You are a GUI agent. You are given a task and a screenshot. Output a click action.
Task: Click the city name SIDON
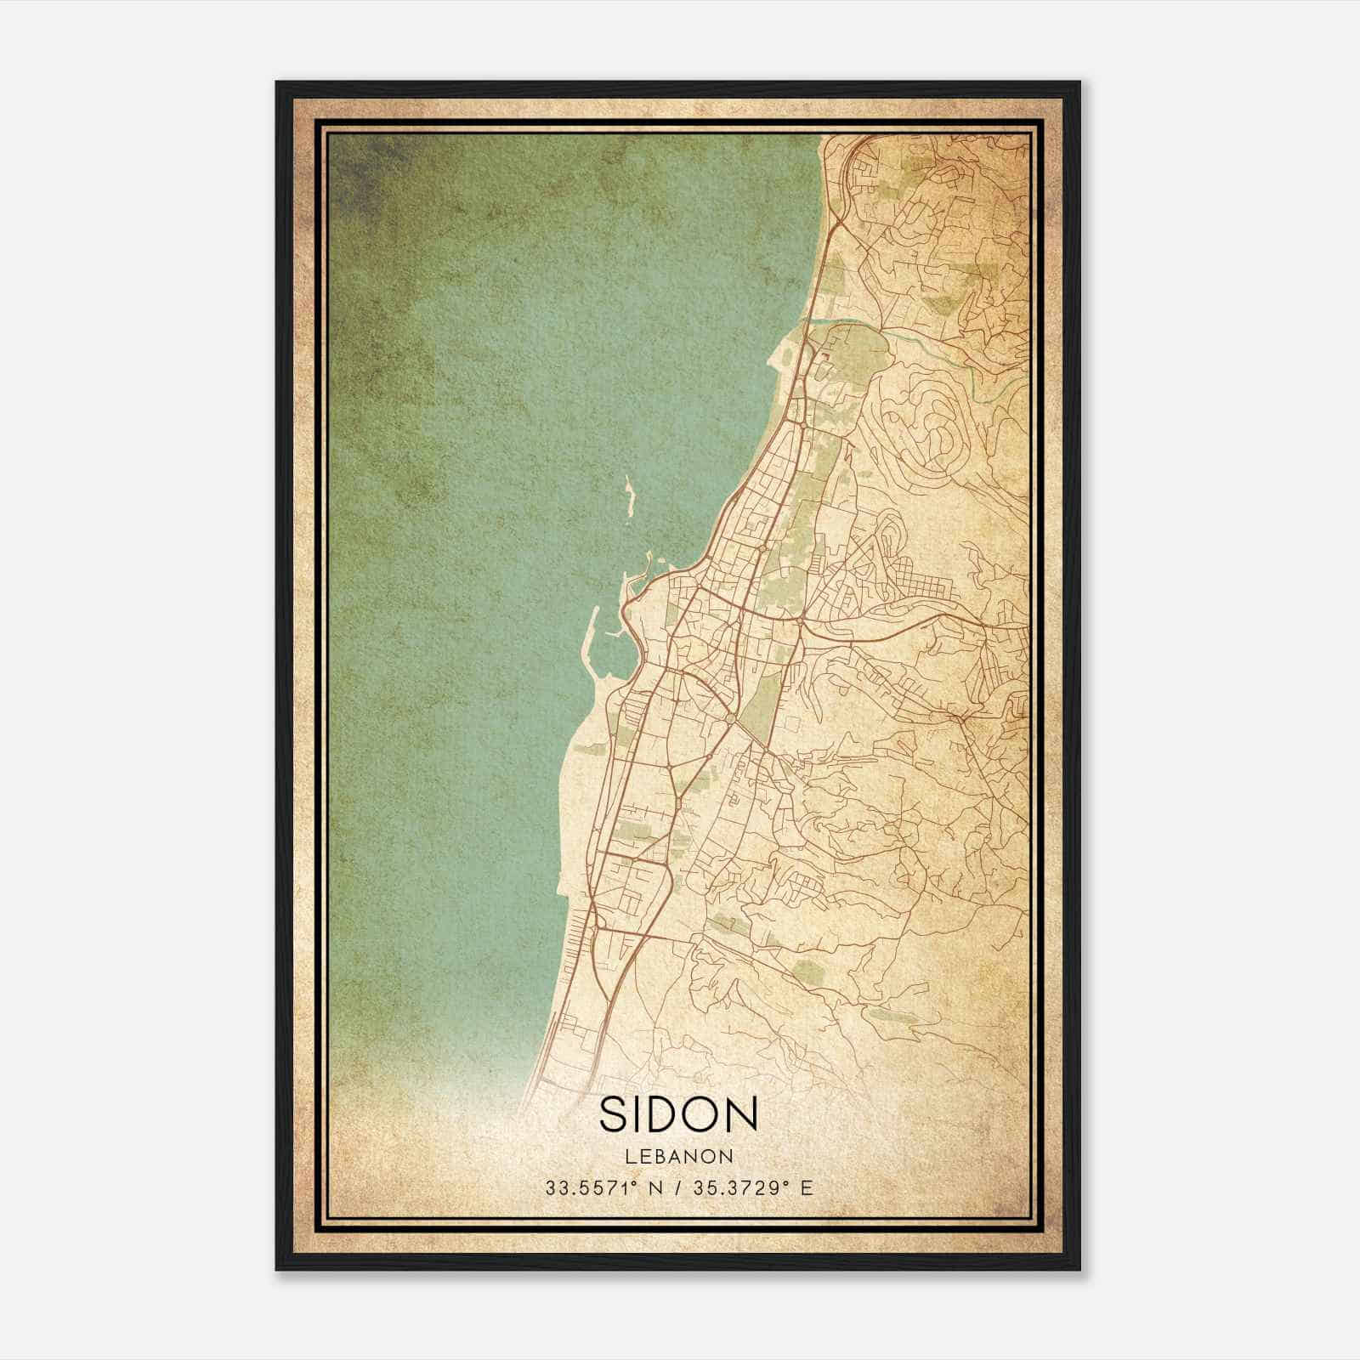coord(678,1113)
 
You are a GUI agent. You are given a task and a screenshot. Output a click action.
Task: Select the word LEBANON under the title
coord(679,1157)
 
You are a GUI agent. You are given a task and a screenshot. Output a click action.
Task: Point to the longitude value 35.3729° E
coord(753,1188)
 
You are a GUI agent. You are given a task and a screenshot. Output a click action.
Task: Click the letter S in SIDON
coord(614,1113)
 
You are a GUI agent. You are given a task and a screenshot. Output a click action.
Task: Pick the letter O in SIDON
coord(700,1113)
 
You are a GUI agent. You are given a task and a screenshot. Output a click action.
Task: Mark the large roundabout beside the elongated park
coord(730,719)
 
